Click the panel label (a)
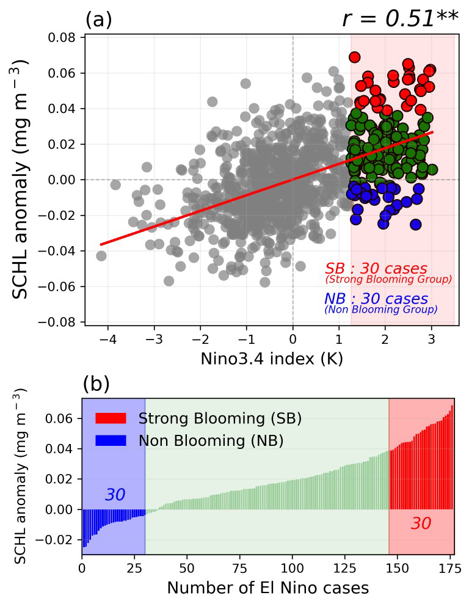98,20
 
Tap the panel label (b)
96,384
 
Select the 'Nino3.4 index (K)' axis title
271,359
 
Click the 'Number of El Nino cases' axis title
267,588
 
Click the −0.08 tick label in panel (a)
59,321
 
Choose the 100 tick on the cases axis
293,567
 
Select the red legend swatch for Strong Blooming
111,418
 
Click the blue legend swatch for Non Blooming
111,440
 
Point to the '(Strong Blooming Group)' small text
388,280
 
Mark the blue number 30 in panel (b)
115,495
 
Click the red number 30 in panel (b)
421,523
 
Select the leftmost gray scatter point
101,255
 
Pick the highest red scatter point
354,57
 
